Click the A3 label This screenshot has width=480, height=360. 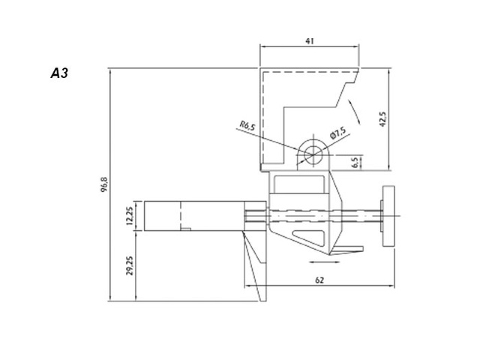click(x=59, y=75)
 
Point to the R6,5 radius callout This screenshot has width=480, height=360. click(x=247, y=126)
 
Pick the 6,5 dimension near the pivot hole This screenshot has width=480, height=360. click(x=355, y=161)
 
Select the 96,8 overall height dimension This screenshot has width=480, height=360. click(x=105, y=184)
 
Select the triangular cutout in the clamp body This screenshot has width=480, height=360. click(x=308, y=239)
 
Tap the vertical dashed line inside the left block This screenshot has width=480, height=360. click(x=181, y=216)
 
